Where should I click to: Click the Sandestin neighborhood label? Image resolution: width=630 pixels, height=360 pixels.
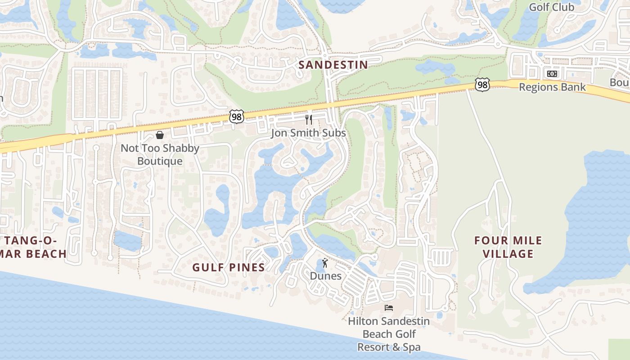333,65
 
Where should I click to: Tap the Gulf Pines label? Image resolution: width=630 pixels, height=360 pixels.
228,267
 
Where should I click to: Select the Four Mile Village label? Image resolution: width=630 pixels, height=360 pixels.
508,247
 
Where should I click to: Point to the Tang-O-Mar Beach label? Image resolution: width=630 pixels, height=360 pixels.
33,247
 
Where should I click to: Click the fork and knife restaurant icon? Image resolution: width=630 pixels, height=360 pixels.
309,119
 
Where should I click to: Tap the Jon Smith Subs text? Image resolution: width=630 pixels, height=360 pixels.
309,133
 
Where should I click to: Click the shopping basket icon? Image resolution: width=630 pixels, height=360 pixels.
160,135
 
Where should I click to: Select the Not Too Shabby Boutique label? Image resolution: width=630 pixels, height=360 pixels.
160,154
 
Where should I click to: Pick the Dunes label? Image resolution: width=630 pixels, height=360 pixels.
325,276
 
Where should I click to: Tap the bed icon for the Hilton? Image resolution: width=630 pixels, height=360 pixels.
389,308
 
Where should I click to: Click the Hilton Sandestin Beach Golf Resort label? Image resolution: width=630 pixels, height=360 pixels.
389,334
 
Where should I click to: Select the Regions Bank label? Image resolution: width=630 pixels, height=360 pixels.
552,87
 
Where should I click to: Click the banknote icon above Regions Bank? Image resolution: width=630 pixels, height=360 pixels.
552,74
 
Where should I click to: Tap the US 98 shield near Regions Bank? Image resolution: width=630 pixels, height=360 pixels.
482,85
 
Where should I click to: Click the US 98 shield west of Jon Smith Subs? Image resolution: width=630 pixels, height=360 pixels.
236,116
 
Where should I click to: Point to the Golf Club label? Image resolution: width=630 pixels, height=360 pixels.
551,7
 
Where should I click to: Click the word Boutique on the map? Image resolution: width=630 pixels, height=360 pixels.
160,161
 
